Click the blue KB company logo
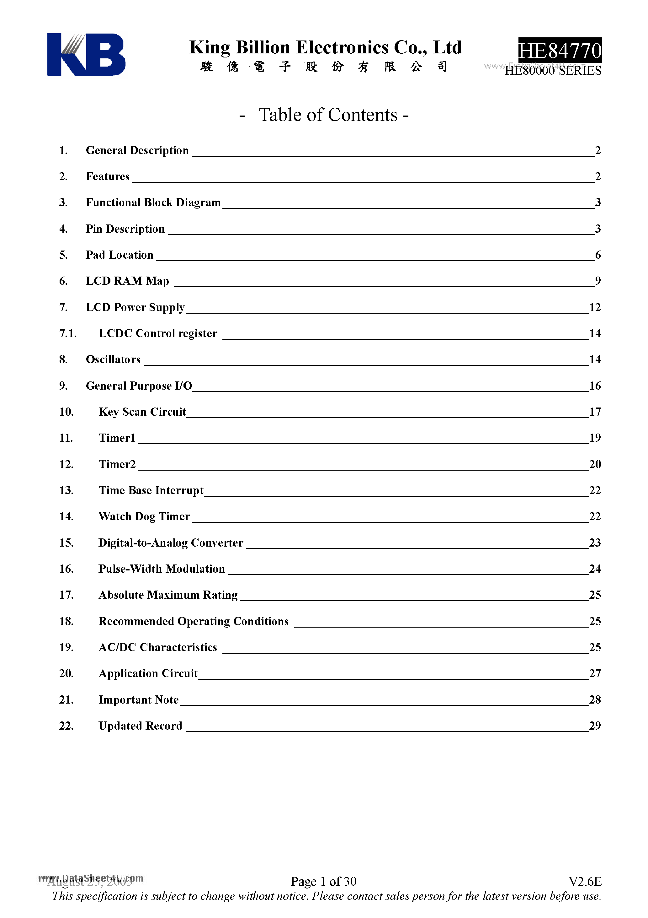point(86,54)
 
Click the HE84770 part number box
point(560,50)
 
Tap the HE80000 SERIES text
point(553,71)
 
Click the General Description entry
point(137,150)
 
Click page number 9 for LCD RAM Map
point(598,281)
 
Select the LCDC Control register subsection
point(158,333)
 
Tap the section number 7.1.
point(67,333)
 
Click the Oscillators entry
point(113,359)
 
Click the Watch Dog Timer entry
point(144,516)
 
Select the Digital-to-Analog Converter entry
point(171,543)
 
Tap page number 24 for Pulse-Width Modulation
point(595,569)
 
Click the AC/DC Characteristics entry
point(158,647)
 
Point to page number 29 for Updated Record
point(595,726)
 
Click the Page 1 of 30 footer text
point(324,881)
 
